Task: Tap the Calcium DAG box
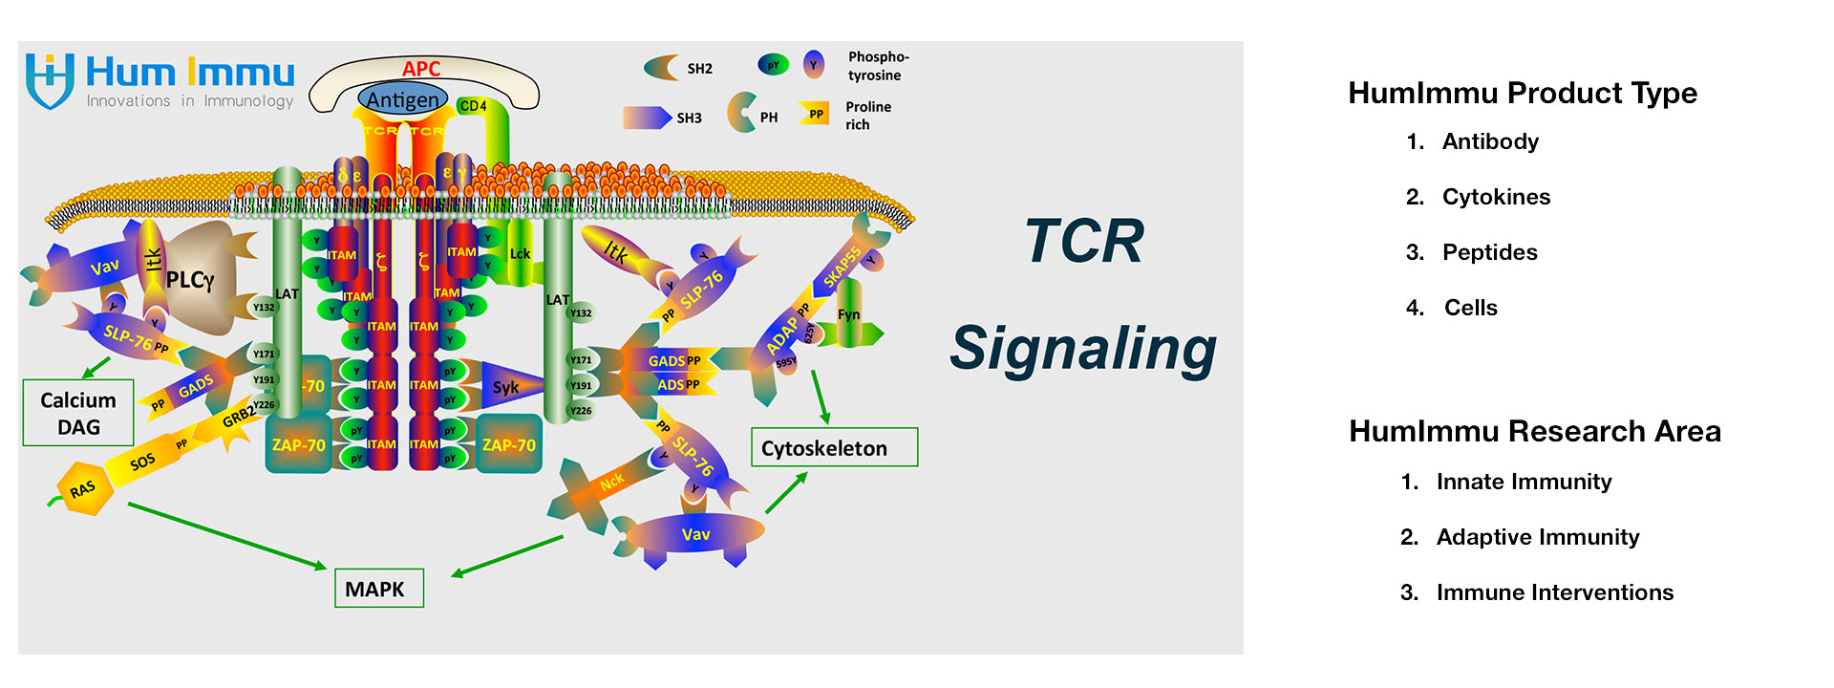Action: (x=78, y=413)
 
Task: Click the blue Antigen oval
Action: (x=403, y=99)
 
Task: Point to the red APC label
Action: (x=421, y=69)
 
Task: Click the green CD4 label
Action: (x=473, y=106)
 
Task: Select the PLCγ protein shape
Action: (x=196, y=279)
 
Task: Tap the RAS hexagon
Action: (x=84, y=489)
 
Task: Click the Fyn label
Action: (x=848, y=314)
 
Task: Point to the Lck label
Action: (x=520, y=254)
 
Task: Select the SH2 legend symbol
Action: (x=661, y=68)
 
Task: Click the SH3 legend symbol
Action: (x=647, y=118)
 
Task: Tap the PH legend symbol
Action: (x=741, y=113)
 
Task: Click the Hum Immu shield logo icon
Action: (x=50, y=80)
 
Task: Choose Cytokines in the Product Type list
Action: (x=1496, y=197)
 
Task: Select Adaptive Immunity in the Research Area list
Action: (x=1537, y=537)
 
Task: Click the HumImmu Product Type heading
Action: (x=1522, y=93)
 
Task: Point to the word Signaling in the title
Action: (x=1083, y=349)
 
